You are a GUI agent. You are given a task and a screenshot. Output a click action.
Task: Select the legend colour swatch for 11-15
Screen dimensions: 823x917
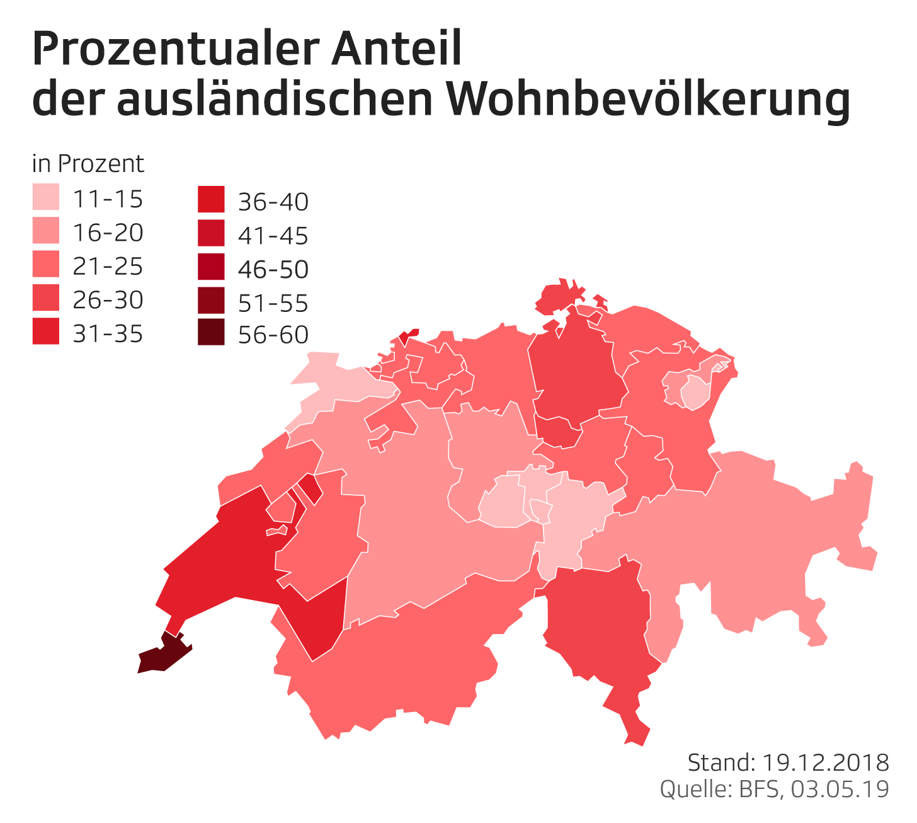coord(46,197)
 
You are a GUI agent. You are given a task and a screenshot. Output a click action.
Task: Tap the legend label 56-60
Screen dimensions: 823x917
coord(273,335)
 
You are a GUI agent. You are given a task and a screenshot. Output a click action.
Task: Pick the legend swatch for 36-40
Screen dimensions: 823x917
coord(211,200)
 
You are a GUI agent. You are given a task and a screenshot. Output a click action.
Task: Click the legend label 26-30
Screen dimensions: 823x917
coord(108,299)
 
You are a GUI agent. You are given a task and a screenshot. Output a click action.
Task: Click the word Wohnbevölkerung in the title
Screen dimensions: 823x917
coord(649,100)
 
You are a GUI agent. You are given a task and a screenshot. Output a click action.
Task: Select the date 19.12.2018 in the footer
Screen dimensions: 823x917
coord(826,763)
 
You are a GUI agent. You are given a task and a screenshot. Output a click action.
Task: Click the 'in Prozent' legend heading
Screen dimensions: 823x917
coord(88,164)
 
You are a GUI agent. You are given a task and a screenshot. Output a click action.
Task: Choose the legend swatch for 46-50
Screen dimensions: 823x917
coord(211,267)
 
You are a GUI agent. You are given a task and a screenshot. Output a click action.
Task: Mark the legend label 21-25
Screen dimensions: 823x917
coord(108,266)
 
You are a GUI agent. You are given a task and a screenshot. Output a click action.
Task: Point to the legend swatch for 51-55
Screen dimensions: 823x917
coord(211,300)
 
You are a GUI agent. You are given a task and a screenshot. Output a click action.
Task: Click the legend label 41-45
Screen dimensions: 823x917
coord(273,236)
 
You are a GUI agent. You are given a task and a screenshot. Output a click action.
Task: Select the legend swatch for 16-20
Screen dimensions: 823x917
coord(46,231)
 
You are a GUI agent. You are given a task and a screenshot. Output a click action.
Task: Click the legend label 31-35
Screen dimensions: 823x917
coord(108,333)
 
